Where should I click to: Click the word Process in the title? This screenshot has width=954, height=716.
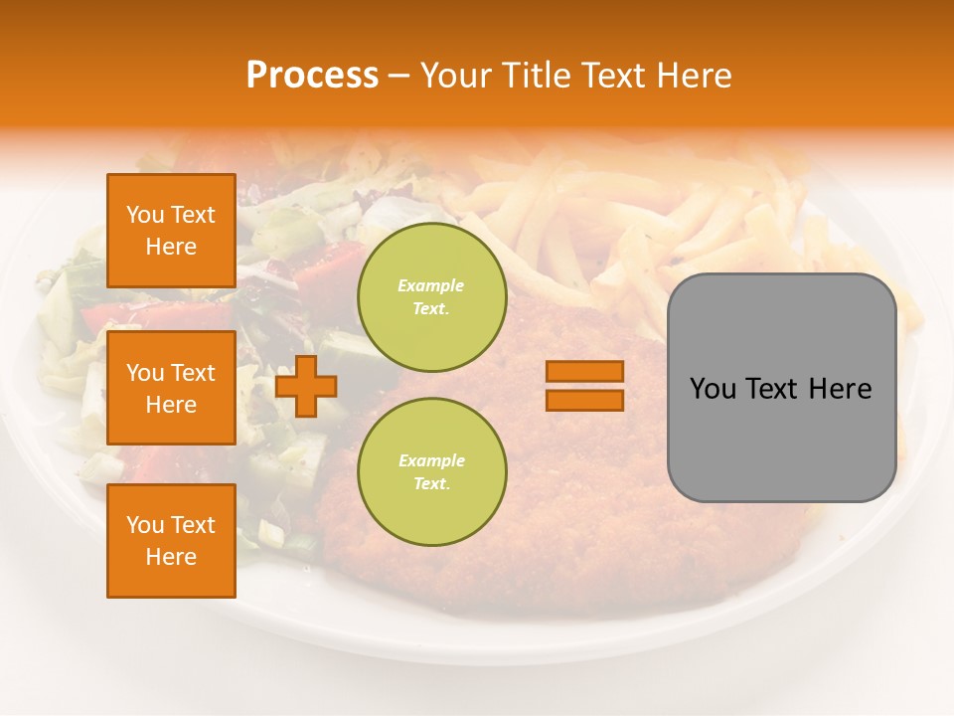[x=312, y=76]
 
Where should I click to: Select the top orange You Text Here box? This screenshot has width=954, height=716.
[x=171, y=231]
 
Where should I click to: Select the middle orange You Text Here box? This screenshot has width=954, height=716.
[x=171, y=388]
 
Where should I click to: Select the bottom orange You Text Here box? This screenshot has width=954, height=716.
[x=171, y=541]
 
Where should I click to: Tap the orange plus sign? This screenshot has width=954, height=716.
[x=306, y=387]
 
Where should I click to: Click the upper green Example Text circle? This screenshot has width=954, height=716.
[x=431, y=296]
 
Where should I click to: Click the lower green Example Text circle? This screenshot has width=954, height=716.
[x=431, y=471]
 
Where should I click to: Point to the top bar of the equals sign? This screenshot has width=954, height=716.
[x=584, y=372]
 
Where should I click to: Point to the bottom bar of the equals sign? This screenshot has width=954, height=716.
[x=584, y=400]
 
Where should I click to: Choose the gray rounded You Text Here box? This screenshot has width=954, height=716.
[x=781, y=388]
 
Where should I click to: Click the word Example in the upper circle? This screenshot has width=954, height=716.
[x=431, y=285]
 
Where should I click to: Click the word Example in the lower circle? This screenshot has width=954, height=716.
[x=431, y=460]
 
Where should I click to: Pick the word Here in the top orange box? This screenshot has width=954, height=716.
[x=171, y=247]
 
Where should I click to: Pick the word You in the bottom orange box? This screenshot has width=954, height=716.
[x=145, y=525]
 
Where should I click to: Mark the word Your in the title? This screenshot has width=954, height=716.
[x=459, y=76]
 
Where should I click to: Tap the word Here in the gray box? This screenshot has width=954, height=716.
[x=841, y=389]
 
